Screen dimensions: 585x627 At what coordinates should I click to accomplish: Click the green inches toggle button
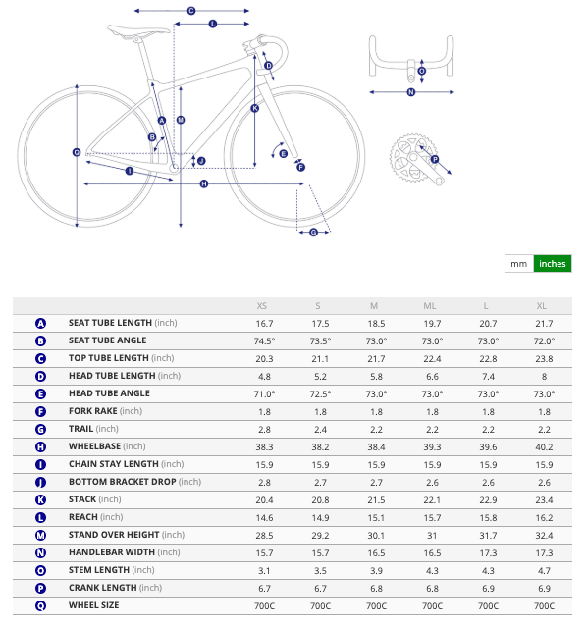pos(553,264)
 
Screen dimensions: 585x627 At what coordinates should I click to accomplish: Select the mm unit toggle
pos(519,264)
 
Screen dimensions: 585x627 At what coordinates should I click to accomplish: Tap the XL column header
pos(542,306)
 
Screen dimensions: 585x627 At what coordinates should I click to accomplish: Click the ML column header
pos(430,306)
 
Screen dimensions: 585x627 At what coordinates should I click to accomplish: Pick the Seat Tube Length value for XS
pos(264,324)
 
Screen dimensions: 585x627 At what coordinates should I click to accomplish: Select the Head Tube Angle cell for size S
pos(320,394)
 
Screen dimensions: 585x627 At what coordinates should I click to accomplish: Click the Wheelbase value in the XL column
pos(544,447)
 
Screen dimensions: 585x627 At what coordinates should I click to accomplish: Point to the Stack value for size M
pos(376,500)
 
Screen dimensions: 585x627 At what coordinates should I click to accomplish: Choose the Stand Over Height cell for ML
pos(432,536)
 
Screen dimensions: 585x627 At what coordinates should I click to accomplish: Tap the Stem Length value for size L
pos(488,571)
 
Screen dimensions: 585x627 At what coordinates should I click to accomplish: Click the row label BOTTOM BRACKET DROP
pos(123,482)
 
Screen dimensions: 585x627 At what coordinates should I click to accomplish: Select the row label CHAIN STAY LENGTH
pos(114,464)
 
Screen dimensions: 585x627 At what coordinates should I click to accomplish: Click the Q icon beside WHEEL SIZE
pos(40,605)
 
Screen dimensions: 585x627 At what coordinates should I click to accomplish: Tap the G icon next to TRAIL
pos(40,430)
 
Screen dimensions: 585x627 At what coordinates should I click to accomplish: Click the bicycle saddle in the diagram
pos(138,30)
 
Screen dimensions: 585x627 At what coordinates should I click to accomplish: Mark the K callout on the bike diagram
pos(255,108)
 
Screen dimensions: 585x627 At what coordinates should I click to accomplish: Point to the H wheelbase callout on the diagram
pos(204,183)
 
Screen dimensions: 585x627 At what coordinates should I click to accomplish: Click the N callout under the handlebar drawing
pos(411,92)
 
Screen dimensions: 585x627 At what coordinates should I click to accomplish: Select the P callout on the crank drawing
pos(435,159)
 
